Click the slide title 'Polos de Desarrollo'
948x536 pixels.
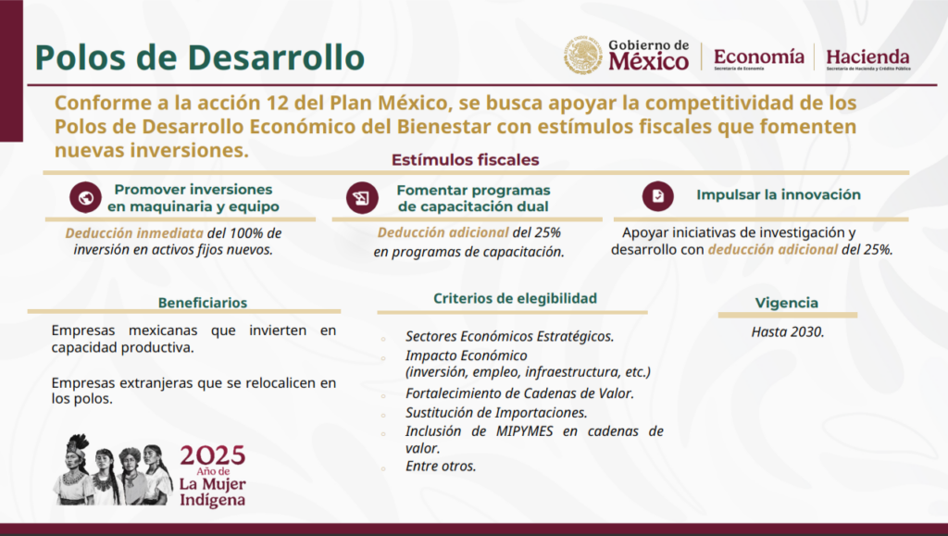(x=200, y=57)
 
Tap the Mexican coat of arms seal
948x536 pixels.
(x=583, y=55)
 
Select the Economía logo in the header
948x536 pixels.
(x=759, y=58)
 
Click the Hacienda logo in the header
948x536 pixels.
(x=868, y=59)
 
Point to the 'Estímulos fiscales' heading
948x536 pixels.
(x=465, y=159)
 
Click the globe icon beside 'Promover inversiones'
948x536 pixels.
(x=85, y=197)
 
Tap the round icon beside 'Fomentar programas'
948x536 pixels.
(x=362, y=197)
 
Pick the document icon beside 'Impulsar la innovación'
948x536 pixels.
(x=658, y=195)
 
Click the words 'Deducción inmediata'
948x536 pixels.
(x=134, y=233)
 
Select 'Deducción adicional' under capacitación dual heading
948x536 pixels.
(x=443, y=232)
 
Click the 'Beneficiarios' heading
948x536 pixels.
(x=203, y=303)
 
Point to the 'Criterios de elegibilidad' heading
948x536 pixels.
(x=515, y=298)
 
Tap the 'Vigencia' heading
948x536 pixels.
(x=787, y=303)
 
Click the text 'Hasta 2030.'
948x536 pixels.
(x=788, y=331)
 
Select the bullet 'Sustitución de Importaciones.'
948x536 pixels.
(x=496, y=413)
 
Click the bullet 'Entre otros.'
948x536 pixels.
(x=441, y=466)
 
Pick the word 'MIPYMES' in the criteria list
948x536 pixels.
(x=524, y=431)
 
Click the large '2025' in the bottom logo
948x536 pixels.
(x=213, y=455)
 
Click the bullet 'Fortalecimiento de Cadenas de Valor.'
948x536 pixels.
(x=519, y=393)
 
